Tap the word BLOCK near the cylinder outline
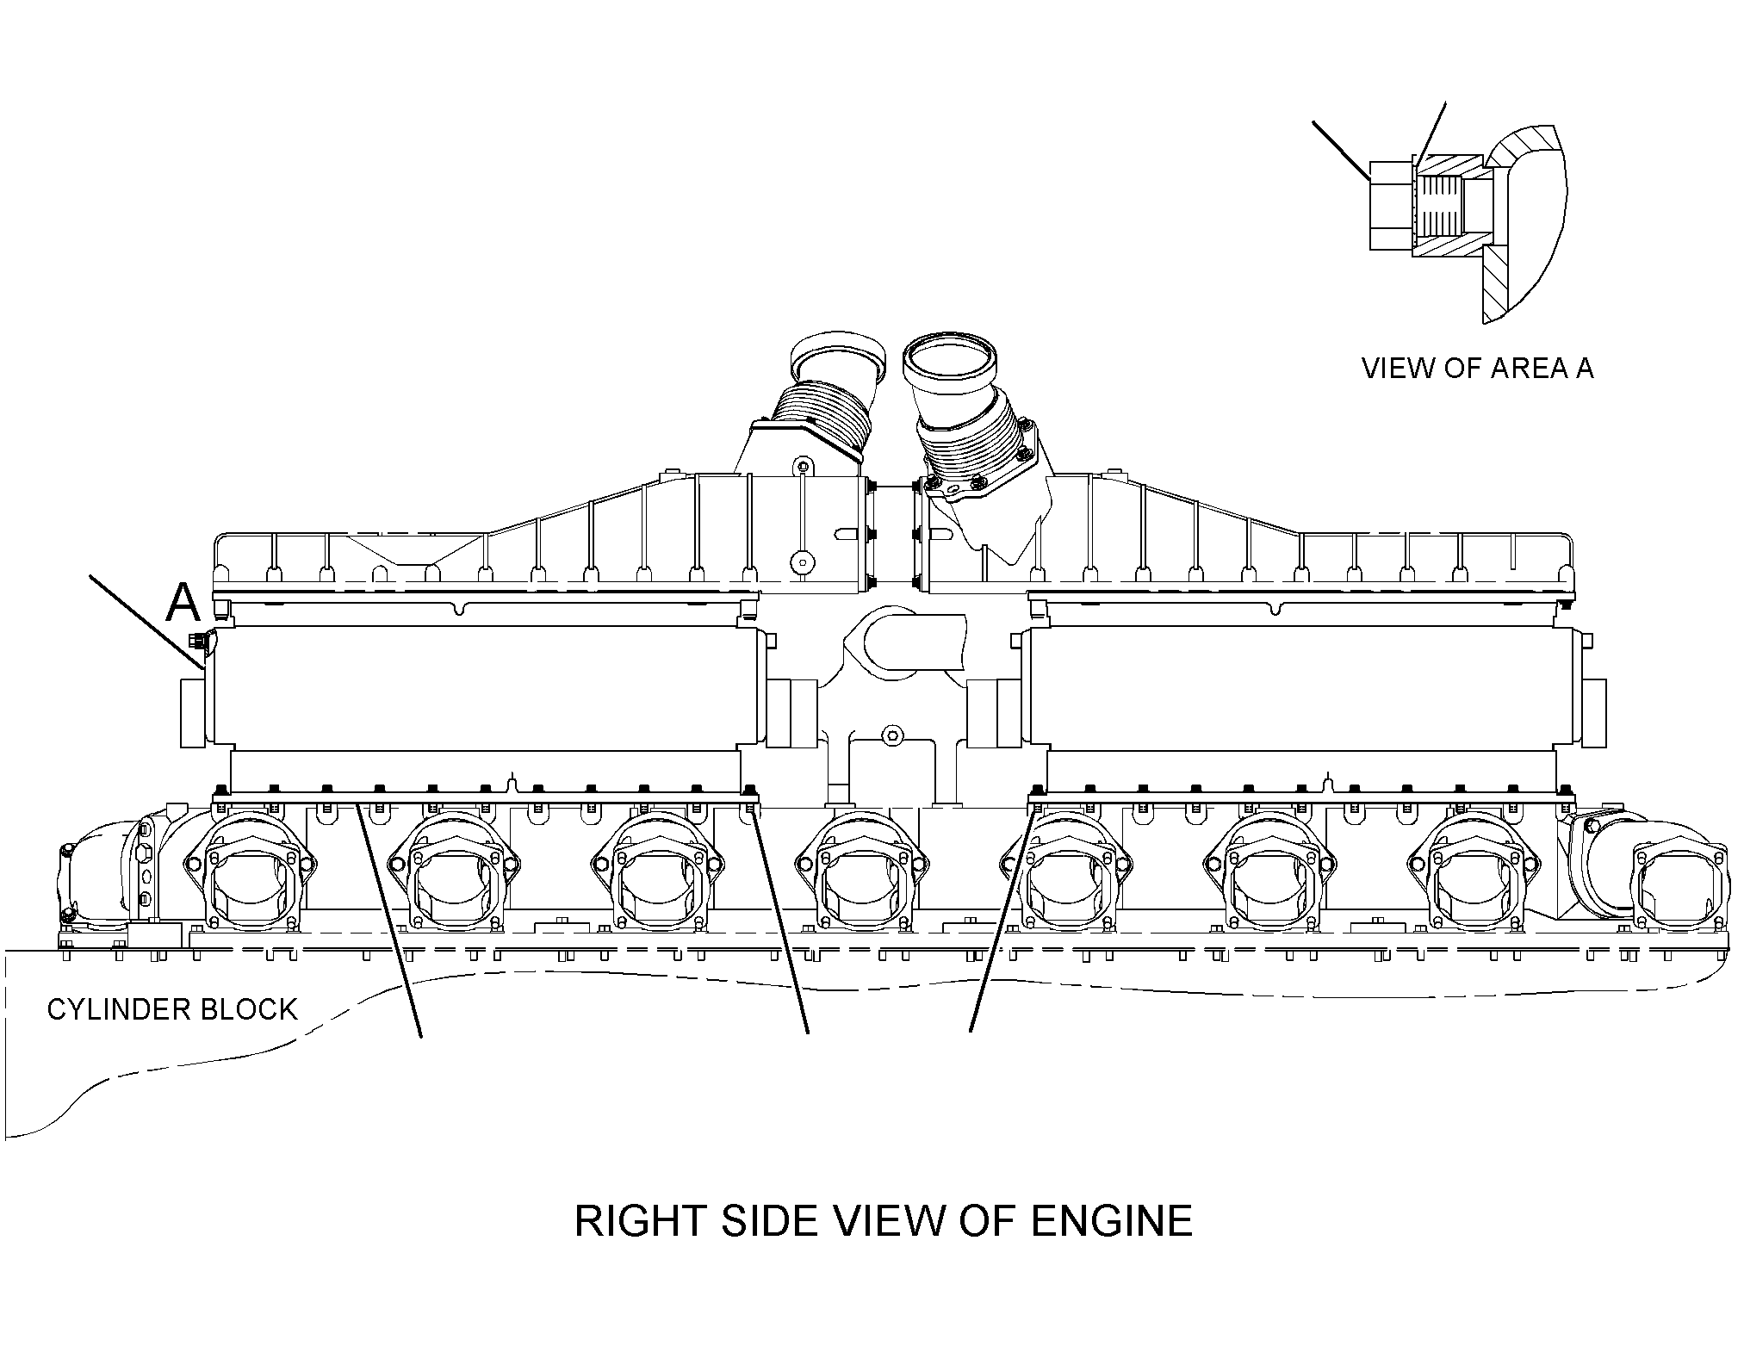(248, 1008)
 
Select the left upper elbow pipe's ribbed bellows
(821, 412)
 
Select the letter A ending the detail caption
(1583, 368)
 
